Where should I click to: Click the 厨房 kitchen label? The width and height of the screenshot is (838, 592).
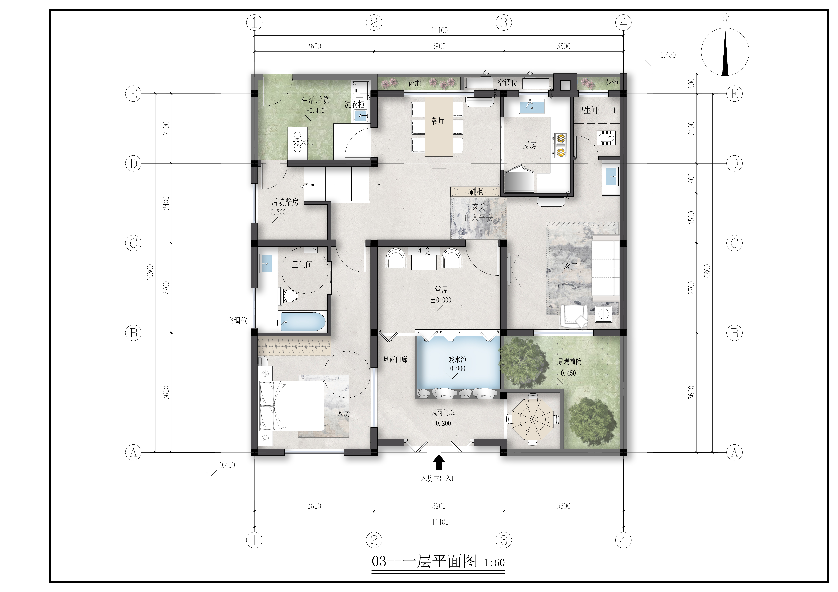[x=529, y=145]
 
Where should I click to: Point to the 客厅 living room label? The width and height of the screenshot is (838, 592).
[x=570, y=267]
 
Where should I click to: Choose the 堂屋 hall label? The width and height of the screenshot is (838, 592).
[x=441, y=290]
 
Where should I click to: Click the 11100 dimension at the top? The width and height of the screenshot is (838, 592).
[x=439, y=30]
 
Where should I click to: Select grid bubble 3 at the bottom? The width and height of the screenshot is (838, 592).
[x=504, y=540]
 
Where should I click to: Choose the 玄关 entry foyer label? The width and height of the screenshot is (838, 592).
[x=479, y=207]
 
